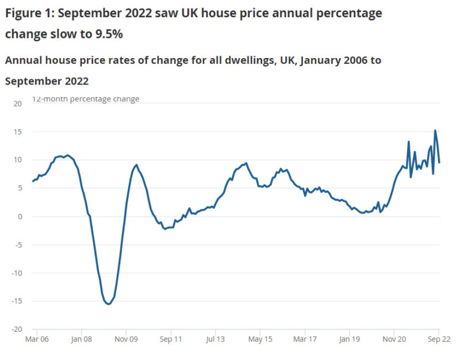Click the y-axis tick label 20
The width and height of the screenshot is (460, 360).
coord(17,104)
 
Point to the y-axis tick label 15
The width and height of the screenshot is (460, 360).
coord(17,132)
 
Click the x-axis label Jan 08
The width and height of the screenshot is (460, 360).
coord(81,340)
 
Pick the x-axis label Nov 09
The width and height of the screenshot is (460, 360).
coord(126,340)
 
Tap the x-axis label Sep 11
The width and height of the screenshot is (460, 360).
coord(171,340)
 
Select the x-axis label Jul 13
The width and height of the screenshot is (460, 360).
coord(215,340)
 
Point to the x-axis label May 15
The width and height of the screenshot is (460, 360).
coord(260,340)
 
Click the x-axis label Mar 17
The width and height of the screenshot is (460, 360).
coord(305,340)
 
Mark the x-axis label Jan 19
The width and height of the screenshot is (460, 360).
coord(350,340)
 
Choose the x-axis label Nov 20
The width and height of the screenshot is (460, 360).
coord(394,340)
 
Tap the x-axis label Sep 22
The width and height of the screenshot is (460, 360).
coord(439,340)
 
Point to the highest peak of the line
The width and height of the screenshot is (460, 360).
coord(435,131)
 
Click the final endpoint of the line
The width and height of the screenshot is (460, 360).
coord(439,163)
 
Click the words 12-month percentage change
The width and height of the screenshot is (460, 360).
coord(85,99)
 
